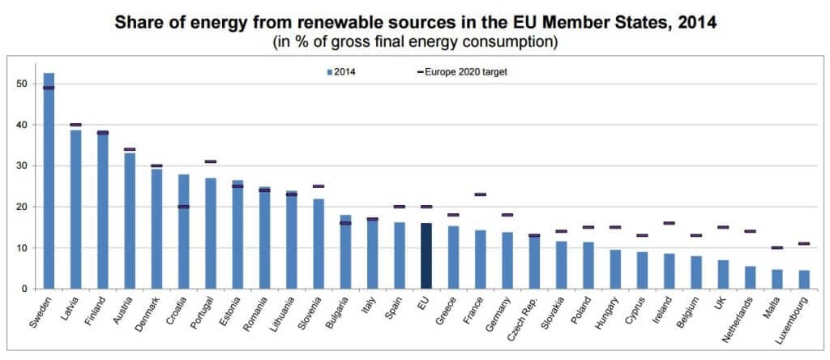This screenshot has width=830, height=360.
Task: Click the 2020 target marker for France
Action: tap(480, 195)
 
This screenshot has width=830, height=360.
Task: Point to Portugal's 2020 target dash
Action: tap(211, 161)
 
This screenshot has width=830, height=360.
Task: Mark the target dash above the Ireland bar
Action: tap(669, 223)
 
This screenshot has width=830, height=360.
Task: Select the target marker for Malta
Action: tap(777, 247)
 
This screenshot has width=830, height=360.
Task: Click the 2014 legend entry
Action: tap(343, 72)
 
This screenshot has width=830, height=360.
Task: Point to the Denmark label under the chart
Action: tap(148, 311)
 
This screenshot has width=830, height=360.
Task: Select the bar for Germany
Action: tap(507, 260)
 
